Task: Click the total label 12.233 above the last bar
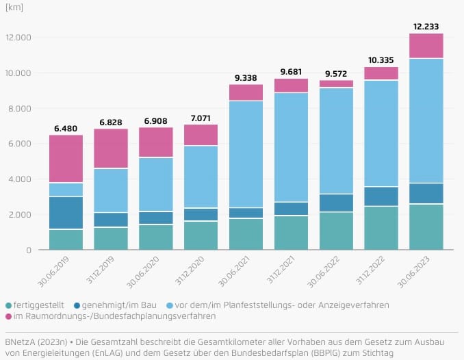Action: pyautogui.click(x=426, y=27)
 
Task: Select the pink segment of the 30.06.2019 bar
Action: pyautogui.click(x=66, y=159)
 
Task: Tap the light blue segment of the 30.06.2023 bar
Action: pyautogui.click(x=426, y=120)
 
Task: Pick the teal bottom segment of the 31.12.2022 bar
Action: pyautogui.click(x=381, y=228)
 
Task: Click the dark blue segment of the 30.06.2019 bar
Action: pyautogui.click(x=66, y=213)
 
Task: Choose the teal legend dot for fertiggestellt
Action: pyautogui.click(x=8, y=305)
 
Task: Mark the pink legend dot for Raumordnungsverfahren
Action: pyautogui.click(x=8, y=316)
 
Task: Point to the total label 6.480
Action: pyautogui.click(x=66, y=129)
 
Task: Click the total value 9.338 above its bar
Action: pyautogui.click(x=246, y=78)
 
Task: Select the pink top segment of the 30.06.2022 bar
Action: pyautogui.click(x=336, y=83)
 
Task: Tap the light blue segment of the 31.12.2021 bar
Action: pyautogui.click(x=292, y=147)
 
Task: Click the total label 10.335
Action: pyautogui.click(x=381, y=60)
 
